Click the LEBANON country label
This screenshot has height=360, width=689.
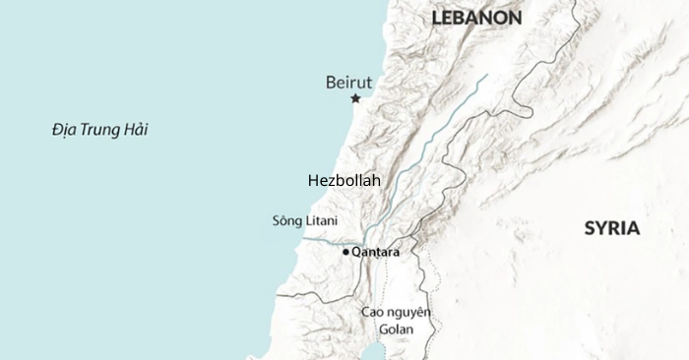pos(476,18)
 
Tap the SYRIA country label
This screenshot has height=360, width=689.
pos(611,228)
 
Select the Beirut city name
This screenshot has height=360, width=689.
pos(348,82)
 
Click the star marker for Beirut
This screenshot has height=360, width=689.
pos(355,98)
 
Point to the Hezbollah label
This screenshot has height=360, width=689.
pos(344,181)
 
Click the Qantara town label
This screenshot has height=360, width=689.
pos(375,253)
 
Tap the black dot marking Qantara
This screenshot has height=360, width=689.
pos(345,253)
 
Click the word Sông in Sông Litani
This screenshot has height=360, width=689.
pos(286,220)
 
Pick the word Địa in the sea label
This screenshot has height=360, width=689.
pos(65,129)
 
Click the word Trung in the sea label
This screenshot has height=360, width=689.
pos(102,129)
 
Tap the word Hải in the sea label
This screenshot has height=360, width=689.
pos(136,129)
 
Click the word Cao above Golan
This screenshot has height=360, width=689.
pos(372,312)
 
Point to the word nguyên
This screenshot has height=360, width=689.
pos(408,313)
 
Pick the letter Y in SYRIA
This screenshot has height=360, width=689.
pos(598,228)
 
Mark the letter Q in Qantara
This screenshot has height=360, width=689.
pos(356,253)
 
